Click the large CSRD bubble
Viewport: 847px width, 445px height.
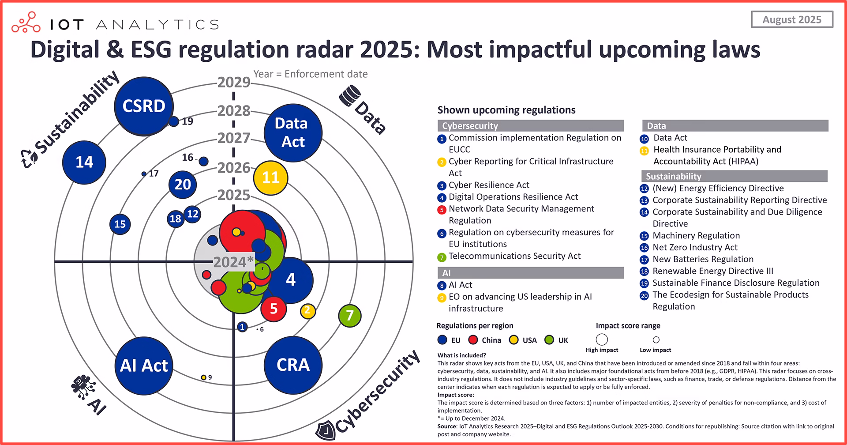[x=144, y=106]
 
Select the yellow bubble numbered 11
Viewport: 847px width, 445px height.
[x=270, y=177]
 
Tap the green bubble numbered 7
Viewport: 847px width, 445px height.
[x=350, y=315]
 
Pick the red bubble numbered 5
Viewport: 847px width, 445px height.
[x=274, y=309]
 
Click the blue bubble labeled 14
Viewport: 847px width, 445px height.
[x=84, y=162]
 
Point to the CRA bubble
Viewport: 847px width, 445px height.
[x=293, y=365]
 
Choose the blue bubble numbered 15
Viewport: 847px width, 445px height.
[x=120, y=224]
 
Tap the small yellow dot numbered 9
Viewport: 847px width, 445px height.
[x=203, y=377]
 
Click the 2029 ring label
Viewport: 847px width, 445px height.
[x=233, y=83]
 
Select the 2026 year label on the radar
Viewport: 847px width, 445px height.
[x=233, y=168]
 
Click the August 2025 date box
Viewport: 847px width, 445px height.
[x=792, y=20]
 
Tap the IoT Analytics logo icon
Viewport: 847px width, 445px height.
[x=26, y=23]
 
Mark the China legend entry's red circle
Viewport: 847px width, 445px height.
[x=473, y=340]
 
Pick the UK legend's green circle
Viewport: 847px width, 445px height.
[x=549, y=340]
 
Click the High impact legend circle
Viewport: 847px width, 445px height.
[x=602, y=339]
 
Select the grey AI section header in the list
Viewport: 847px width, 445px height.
[x=530, y=273]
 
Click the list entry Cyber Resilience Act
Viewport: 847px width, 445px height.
[x=489, y=185]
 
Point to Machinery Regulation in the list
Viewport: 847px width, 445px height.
[x=696, y=236]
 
